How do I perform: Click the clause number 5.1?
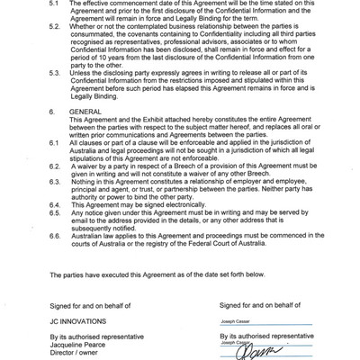pyautogui.click(x=53, y=4)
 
